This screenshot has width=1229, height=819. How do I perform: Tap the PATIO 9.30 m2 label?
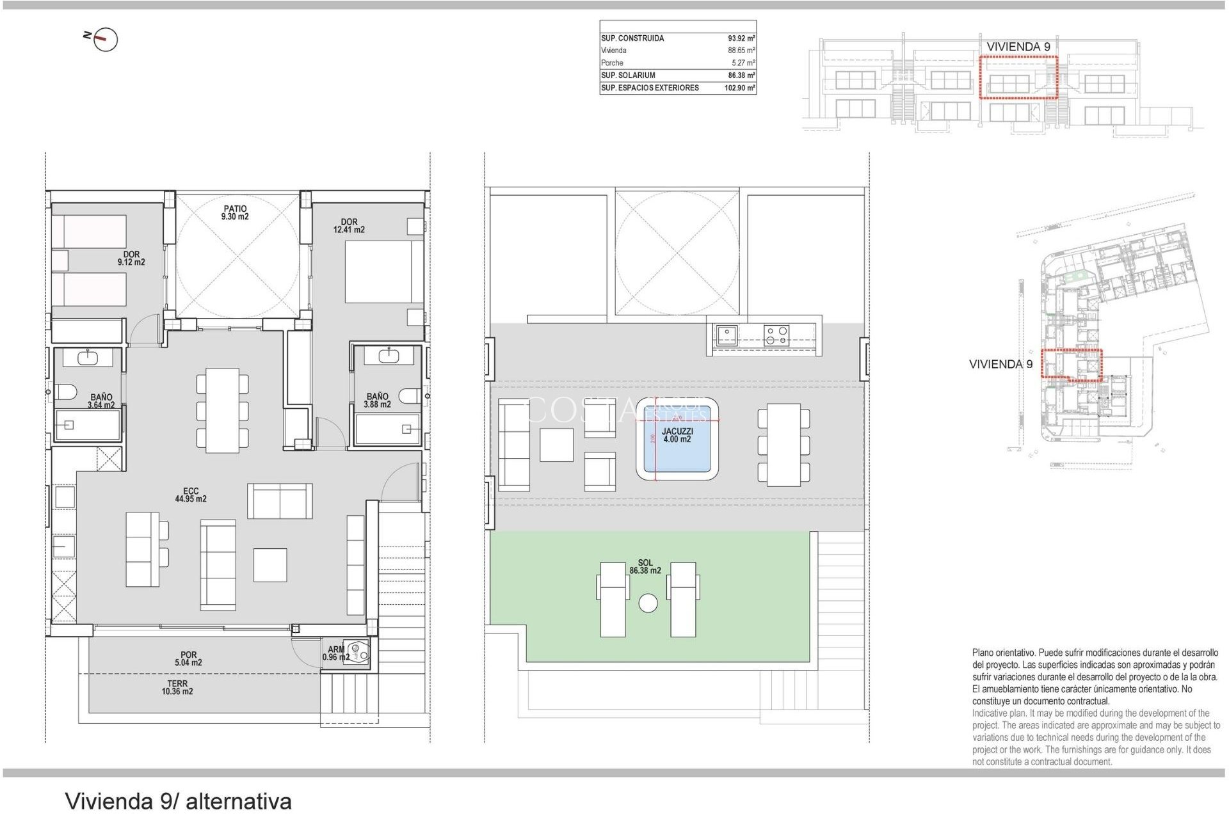pos(235,212)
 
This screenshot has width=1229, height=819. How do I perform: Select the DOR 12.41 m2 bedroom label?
pos(349,226)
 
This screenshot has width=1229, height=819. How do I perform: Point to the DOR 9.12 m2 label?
pos(131,258)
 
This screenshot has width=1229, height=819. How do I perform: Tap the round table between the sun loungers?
pos(648,603)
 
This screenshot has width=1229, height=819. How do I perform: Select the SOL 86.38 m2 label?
pos(645,567)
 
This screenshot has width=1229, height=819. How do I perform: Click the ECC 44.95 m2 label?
pos(191,495)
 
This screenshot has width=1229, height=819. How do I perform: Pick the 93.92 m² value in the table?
pos(741,38)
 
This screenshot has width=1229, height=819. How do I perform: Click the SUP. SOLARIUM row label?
pos(628,76)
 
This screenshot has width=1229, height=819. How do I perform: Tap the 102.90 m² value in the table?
pos(739,88)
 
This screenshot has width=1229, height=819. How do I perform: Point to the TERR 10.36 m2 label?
pos(177,688)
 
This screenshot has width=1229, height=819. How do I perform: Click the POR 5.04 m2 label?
pos(188,659)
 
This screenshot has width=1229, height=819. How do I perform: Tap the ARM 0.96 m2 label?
pos(335,653)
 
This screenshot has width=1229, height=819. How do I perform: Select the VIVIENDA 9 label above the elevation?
pos(1018,47)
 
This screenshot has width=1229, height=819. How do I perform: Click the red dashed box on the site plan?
pos(1071,364)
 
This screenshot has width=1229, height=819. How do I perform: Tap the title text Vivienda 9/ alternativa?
pos(179,801)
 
